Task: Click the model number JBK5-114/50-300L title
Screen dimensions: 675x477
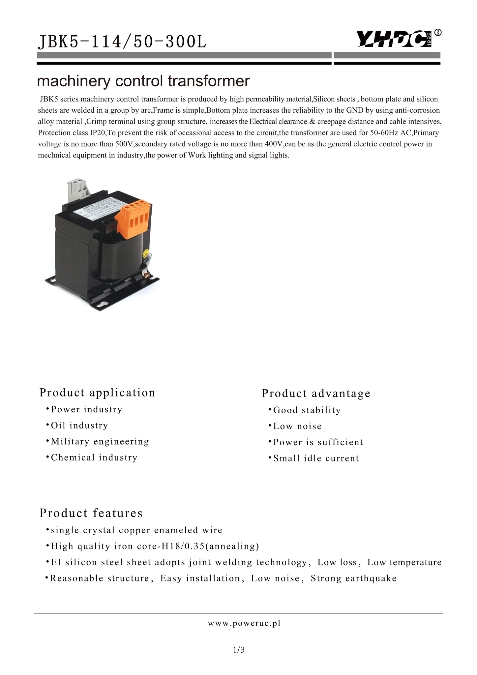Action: coord(122,42)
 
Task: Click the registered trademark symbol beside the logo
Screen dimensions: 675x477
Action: coord(438,32)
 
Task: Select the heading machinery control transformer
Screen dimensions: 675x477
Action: coord(143,81)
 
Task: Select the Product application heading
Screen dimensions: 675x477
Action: coord(97,393)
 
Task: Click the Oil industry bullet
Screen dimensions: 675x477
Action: coord(79,426)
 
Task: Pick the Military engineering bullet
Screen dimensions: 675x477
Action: coord(100,441)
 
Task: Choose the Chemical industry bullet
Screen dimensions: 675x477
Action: coord(94,457)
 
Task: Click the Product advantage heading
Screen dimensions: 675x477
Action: coord(316,393)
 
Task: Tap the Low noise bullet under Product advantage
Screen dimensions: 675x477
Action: coord(297,426)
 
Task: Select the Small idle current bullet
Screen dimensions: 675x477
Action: coord(316,458)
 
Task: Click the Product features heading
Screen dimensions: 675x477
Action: coord(91,513)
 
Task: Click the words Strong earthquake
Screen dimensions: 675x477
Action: coord(353,578)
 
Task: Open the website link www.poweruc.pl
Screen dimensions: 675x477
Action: coord(244,623)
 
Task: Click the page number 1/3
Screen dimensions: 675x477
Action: coord(239,650)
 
